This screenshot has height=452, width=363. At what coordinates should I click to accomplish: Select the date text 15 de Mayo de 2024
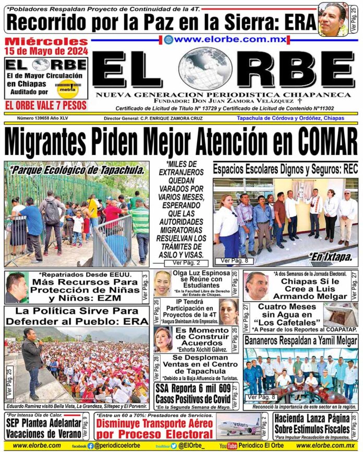click(x=47, y=51)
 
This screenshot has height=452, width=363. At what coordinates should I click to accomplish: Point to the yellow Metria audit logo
click(x=66, y=89)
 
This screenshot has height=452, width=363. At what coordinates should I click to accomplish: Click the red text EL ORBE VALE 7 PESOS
click(x=46, y=105)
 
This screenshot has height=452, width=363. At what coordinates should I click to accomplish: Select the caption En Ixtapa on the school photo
click(x=332, y=256)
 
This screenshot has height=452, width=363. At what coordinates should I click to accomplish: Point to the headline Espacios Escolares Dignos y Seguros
click(x=285, y=169)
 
